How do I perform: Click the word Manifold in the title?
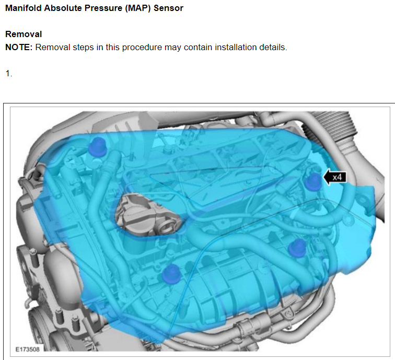tap(24, 8)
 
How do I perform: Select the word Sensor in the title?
tap(169, 8)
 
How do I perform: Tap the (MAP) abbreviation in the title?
tap(138, 8)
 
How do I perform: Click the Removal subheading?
tap(24, 34)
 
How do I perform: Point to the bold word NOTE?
tap(19, 48)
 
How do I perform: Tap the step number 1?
tap(8, 74)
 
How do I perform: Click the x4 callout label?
tap(337, 177)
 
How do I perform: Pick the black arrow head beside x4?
tap(327, 177)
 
